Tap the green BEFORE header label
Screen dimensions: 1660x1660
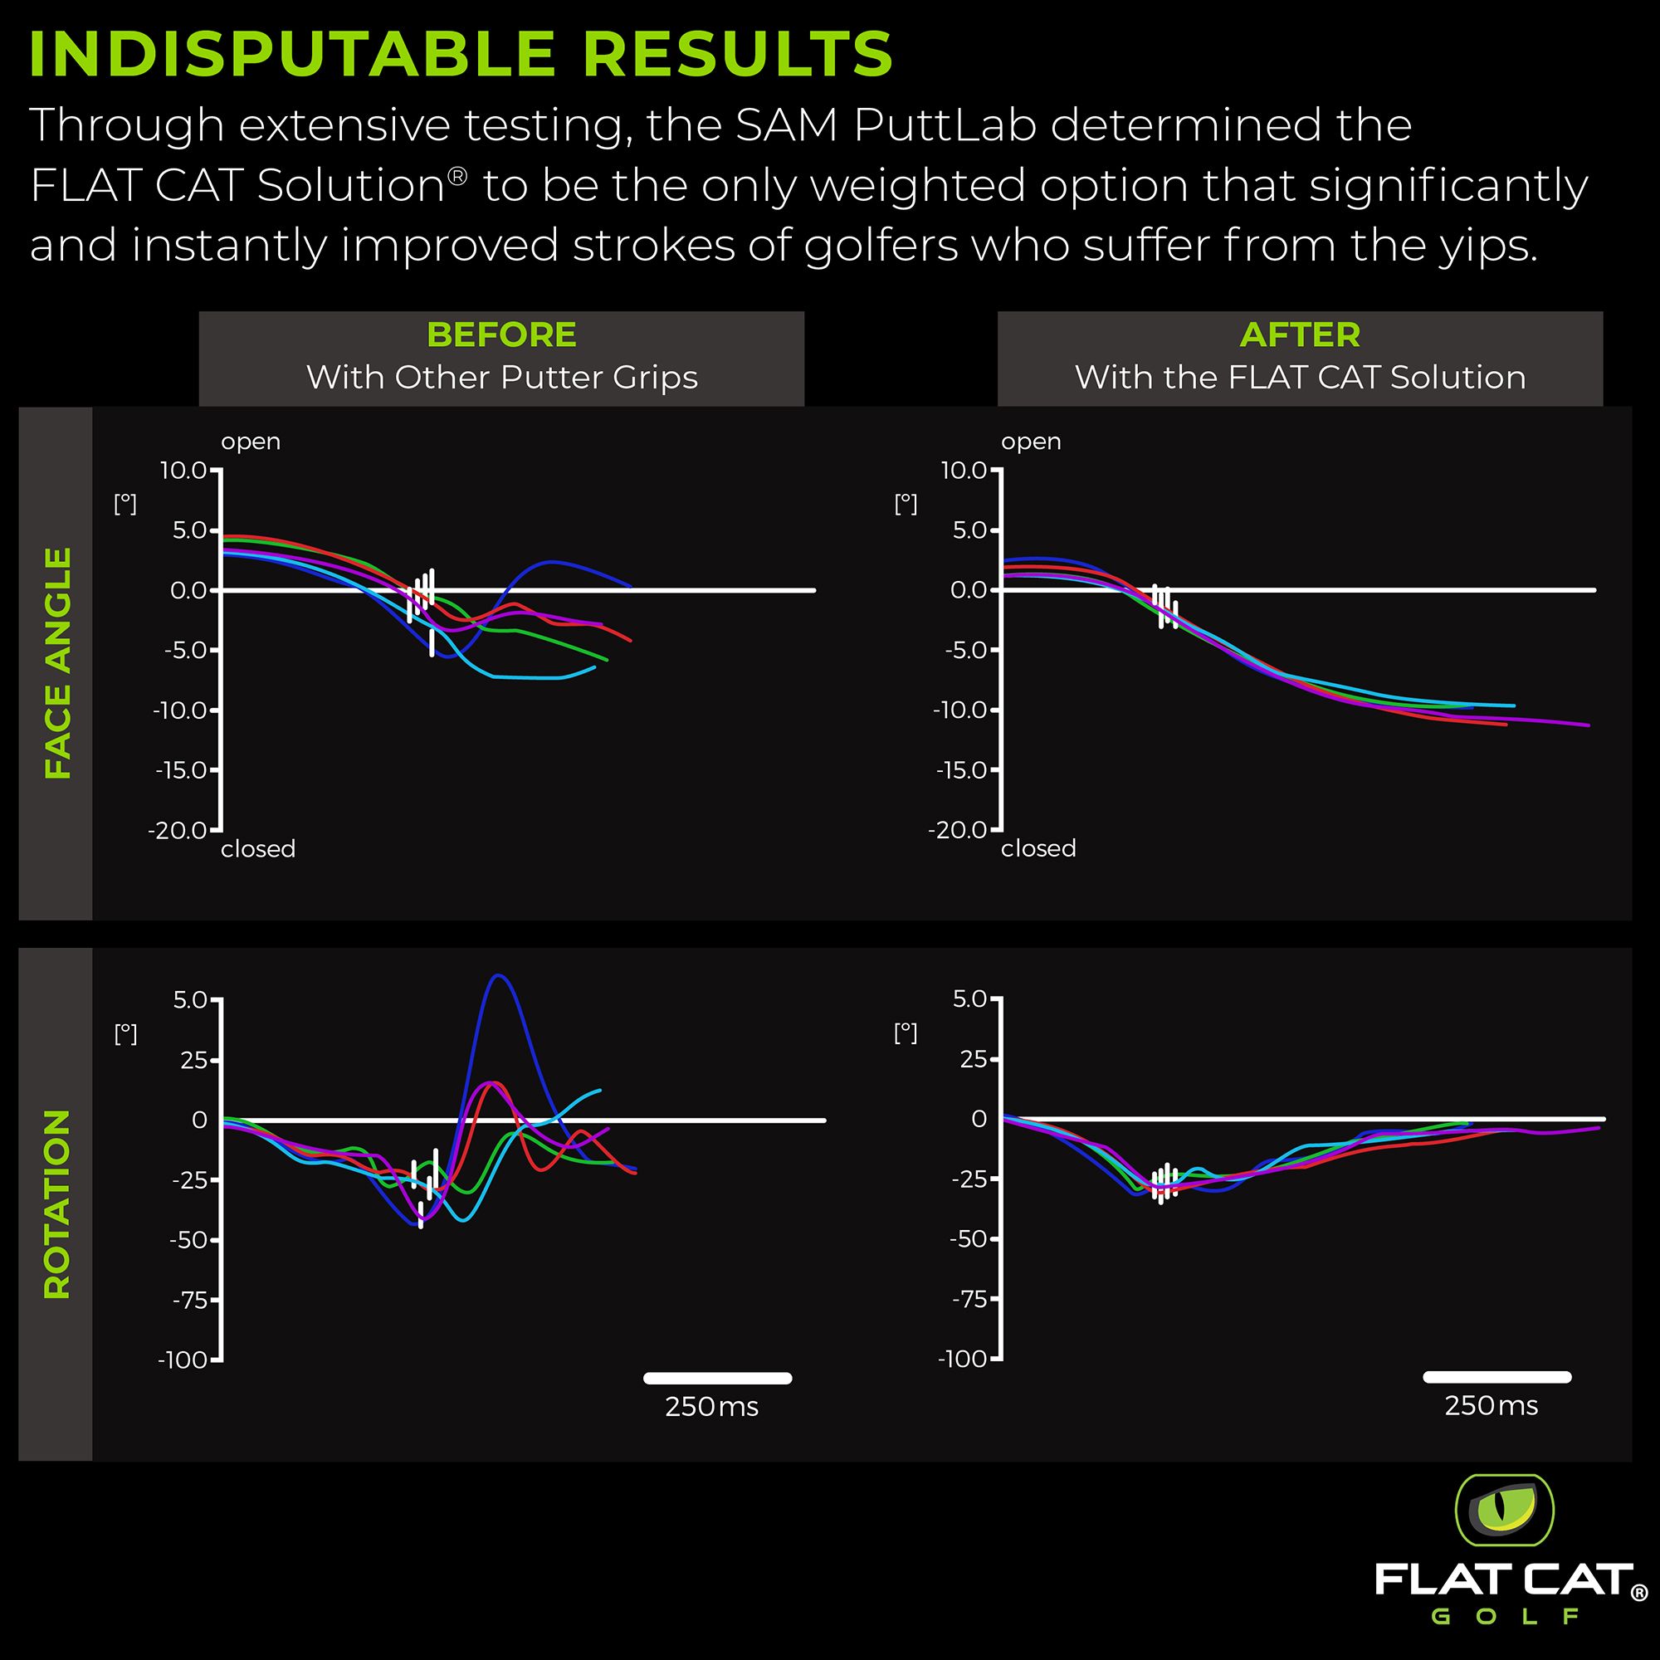click(x=501, y=335)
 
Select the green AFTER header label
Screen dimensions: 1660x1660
click(x=1299, y=335)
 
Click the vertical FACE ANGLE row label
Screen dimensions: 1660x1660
click(x=57, y=663)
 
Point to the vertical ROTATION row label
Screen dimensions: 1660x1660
click(x=57, y=1203)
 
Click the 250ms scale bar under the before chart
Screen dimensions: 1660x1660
click(x=717, y=1378)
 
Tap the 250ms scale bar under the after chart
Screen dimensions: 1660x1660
click(x=1496, y=1376)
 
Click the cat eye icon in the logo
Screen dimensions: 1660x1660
click(x=1504, y=1511)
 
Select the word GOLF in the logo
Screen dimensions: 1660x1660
click(x=1505, y=1616)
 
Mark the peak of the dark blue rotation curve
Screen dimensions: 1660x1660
click(x=499, y=976)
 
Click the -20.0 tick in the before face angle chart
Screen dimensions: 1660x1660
click(x=178, y=830)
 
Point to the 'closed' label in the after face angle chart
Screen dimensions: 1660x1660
click(x=1038, y=849)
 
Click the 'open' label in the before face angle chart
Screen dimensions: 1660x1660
click(x=251, y=442)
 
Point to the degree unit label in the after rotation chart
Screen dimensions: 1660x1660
click(x=906, y=1033)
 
